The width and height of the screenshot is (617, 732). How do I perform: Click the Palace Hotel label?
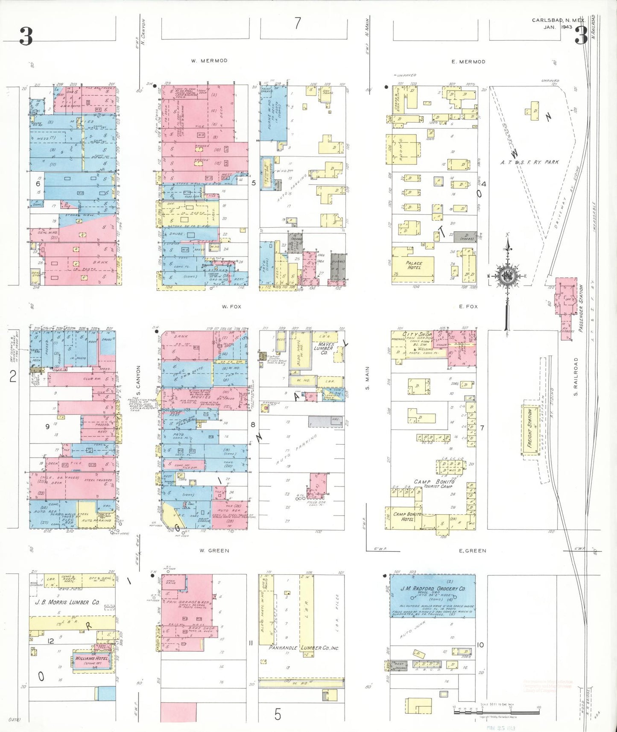[x=414, y=265]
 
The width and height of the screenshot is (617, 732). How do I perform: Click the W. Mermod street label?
[x=209, y=61]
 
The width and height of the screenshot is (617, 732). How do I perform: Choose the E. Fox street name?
[x=468, y=307]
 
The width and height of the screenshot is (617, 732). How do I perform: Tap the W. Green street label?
[x=214, y=551]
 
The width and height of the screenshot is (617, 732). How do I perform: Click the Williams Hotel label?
[x=92, y=659]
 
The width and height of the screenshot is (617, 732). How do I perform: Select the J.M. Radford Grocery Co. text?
[x=433, y=589]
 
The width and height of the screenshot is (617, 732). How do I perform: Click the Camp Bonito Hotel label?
[x=407, y=516]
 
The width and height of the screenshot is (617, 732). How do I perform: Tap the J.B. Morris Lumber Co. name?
[x=67, y=602]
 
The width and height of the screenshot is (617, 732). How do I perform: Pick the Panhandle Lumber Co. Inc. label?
[x=304, y=648]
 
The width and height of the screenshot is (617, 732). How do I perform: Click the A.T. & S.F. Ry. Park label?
[x=529, y=162]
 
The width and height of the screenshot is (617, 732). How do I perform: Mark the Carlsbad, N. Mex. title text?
[x=557, y=20]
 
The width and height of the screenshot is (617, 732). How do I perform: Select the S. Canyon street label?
[x=138, y=380]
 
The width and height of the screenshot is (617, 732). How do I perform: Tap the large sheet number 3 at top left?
[x=26, y=36]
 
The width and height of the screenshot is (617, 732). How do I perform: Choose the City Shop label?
[x=417, y=334]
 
